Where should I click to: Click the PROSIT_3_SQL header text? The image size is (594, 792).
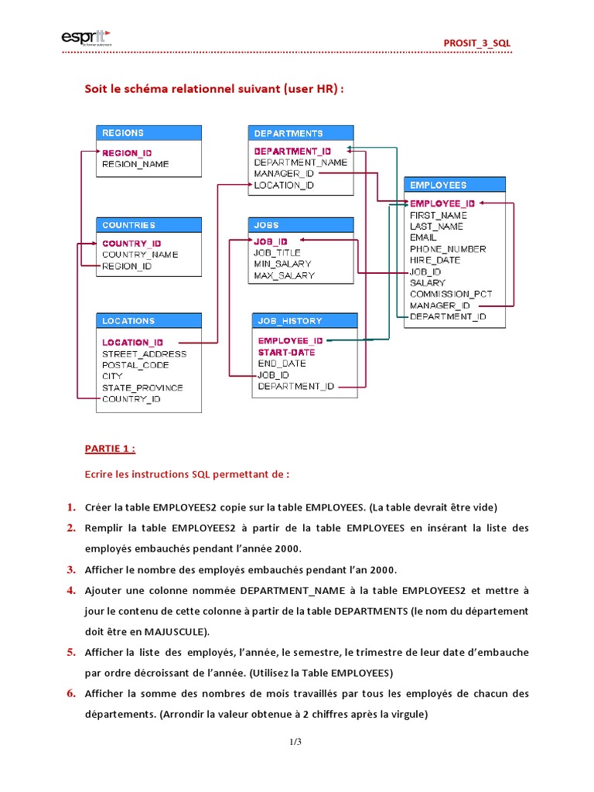[x=476, y=43]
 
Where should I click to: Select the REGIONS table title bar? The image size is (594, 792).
[x=148, y=133]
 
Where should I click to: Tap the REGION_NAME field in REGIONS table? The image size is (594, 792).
[x=135, y=164]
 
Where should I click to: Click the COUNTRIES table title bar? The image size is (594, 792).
[x=148, y=225]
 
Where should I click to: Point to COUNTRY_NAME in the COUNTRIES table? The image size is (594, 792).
[x=140, y=254]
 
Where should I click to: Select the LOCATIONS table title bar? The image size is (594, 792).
[x=148, y=320]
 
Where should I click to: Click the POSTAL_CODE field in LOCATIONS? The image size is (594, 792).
[x=135, y=365]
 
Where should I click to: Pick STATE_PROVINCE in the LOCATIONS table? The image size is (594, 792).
[x=142, y=387]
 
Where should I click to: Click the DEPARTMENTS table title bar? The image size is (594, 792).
[x=300, y=133]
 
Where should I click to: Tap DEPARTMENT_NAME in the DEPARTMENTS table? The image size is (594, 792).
[x=300, y=162]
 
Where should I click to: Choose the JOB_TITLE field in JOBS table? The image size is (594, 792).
[x=277, y=252]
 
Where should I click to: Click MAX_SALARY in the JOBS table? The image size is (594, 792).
[x=284, y=275]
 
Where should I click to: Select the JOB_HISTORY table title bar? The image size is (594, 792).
[x=305, y=320]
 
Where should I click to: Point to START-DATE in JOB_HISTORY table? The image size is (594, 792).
[x=286, y=352]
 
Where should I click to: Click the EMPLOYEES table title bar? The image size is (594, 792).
[x=455, y=185]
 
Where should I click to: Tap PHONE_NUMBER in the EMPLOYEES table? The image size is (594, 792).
[x=448, y=249]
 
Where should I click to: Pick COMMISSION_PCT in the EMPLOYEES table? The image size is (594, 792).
[x=451, y=294]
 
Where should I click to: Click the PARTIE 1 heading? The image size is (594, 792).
[x=110, y=448]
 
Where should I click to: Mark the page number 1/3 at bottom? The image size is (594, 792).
[x=296, y=742]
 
